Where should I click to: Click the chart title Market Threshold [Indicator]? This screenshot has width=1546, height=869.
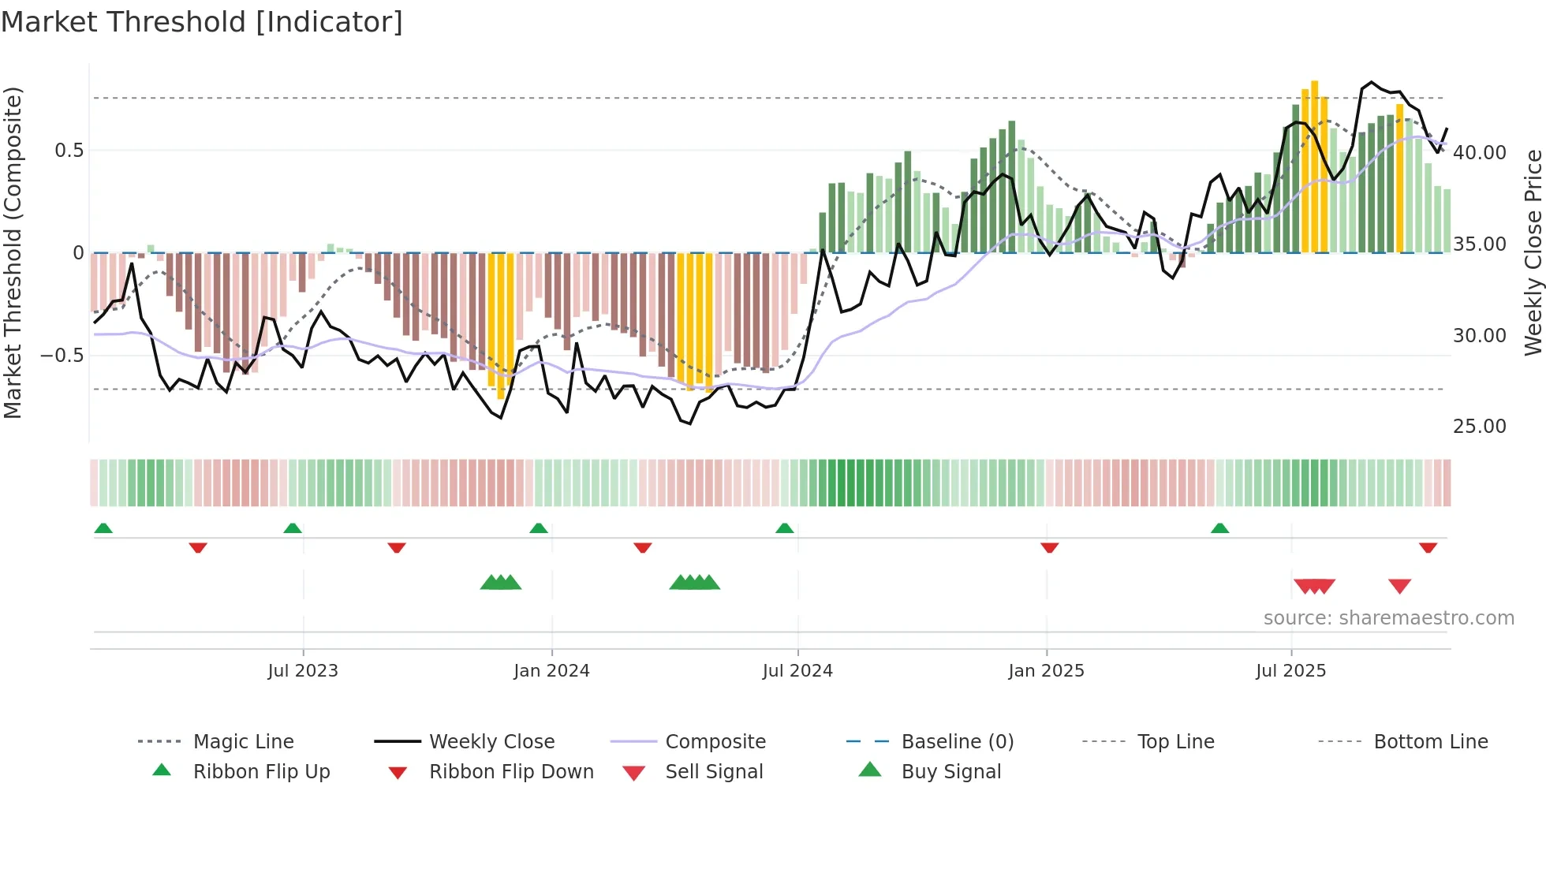click(x=202, y=22)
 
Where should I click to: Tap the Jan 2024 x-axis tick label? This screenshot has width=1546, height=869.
click(x=551, y=670)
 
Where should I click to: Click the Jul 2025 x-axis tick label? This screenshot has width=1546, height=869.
click(x=1290, y=670)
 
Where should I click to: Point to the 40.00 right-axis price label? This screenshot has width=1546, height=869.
click(x=1479, y=152)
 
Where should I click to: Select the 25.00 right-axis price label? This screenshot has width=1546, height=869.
click(x=1479, y=426)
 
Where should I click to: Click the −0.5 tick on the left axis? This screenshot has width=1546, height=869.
click(x=62, y=355)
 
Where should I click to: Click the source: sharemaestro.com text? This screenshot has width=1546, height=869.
click(x=1388, y=617)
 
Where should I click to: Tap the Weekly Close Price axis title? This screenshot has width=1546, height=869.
click(x=1533, y=252)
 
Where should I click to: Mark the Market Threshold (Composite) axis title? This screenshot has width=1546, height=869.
click(x=13, y=252)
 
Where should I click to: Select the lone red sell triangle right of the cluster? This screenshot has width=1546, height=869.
click(x=1399, y=586)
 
